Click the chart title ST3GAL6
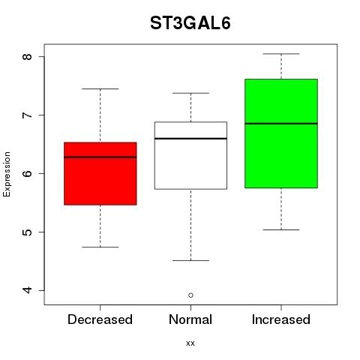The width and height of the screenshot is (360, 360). point(190,23)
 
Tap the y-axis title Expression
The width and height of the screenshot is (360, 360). point(7,174)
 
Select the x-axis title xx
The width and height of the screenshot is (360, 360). point(190,343)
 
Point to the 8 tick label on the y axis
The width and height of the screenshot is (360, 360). point(27,56)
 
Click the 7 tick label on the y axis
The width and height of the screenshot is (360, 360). point(27,115)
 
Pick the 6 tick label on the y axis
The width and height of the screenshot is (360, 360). point(27,173)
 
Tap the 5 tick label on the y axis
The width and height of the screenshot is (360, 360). point(27,232)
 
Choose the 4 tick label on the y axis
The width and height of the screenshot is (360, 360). point(27,290)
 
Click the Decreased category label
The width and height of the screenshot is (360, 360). point(100,319)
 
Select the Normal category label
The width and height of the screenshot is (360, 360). point(190,319)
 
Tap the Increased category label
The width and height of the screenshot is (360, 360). point(281,319)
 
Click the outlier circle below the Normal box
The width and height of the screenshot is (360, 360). point(190,295)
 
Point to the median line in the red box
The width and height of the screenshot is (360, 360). point(100,157)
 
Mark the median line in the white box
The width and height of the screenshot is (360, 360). point(190,138)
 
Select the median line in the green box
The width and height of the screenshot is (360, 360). point(281,124)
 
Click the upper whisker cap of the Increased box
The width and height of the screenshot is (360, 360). point(281,54)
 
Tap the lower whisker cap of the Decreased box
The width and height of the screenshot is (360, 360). point(100,247)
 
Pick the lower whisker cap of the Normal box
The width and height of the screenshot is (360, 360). point(190,260)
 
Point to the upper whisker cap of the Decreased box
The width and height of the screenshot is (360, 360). point(100,88)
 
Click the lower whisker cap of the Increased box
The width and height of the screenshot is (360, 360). point(281,229)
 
